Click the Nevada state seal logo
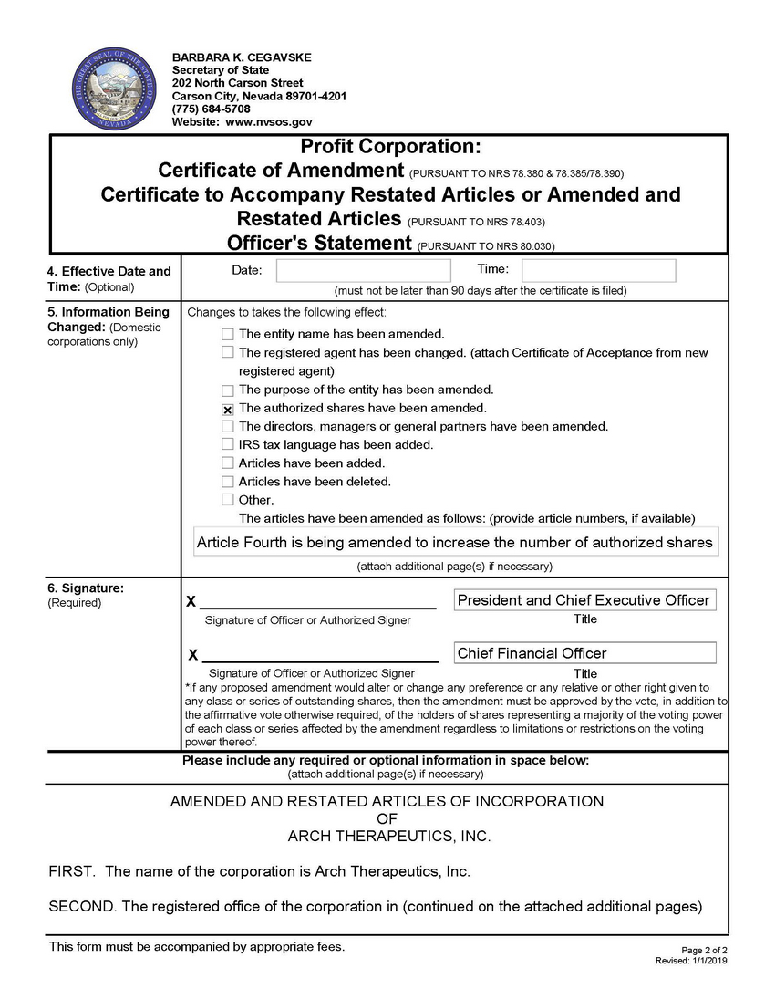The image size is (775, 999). [x=108, y=90]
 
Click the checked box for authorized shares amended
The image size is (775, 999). [x=228, y=410]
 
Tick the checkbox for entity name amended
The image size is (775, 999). [x=228, y=335]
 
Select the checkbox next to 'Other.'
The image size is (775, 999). [x=228, y=500]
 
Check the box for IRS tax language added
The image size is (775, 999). [x=228, y=445]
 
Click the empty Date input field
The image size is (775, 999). [x=363, y=270]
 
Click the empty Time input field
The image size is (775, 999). [x=598, y=270]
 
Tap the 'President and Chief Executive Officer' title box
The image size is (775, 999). [x=584, y=600]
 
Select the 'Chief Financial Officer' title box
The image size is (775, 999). [x=584, y=653]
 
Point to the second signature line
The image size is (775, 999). [x=320, y=655]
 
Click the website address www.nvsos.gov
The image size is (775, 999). [x=269, y=121]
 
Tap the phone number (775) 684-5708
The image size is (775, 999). [x=211, y=109]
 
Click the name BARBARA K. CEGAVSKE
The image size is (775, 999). [x=242, y=57]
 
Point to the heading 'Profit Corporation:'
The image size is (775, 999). [x=390, y=147]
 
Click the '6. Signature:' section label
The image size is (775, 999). [x=86, y=588]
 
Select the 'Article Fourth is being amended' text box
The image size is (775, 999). [x=455, y=543]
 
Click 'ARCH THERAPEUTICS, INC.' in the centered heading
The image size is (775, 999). [x=389, y=836]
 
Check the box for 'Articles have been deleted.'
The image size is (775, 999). [x=228, y=482]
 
